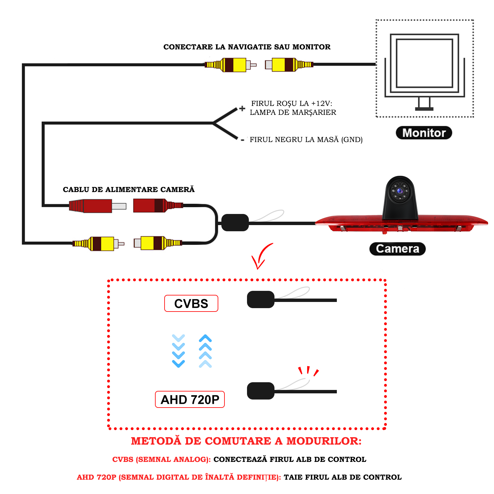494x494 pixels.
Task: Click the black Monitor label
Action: pos(424,133)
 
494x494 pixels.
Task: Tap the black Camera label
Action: pos(397,249)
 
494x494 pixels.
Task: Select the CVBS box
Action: pos(191,304)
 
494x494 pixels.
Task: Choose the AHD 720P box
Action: pos(190,400)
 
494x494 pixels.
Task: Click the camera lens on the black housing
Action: pos(400,191)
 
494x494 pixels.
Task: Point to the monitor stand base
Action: pos(424,109)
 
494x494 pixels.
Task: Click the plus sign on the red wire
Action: pos(242,108)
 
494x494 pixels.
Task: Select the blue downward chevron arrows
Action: pos(178,351)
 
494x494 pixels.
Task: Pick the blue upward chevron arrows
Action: pos(205,351)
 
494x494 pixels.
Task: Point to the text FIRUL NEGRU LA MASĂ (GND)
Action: pos(306,140)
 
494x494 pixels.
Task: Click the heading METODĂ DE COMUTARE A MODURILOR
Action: pos(246,441)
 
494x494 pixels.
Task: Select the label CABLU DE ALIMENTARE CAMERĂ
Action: pos(129,190)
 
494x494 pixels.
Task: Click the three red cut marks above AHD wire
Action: pos(308,371)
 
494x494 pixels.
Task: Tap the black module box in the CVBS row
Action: pos(261,299)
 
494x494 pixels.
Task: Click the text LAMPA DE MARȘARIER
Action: pos(293,112)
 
